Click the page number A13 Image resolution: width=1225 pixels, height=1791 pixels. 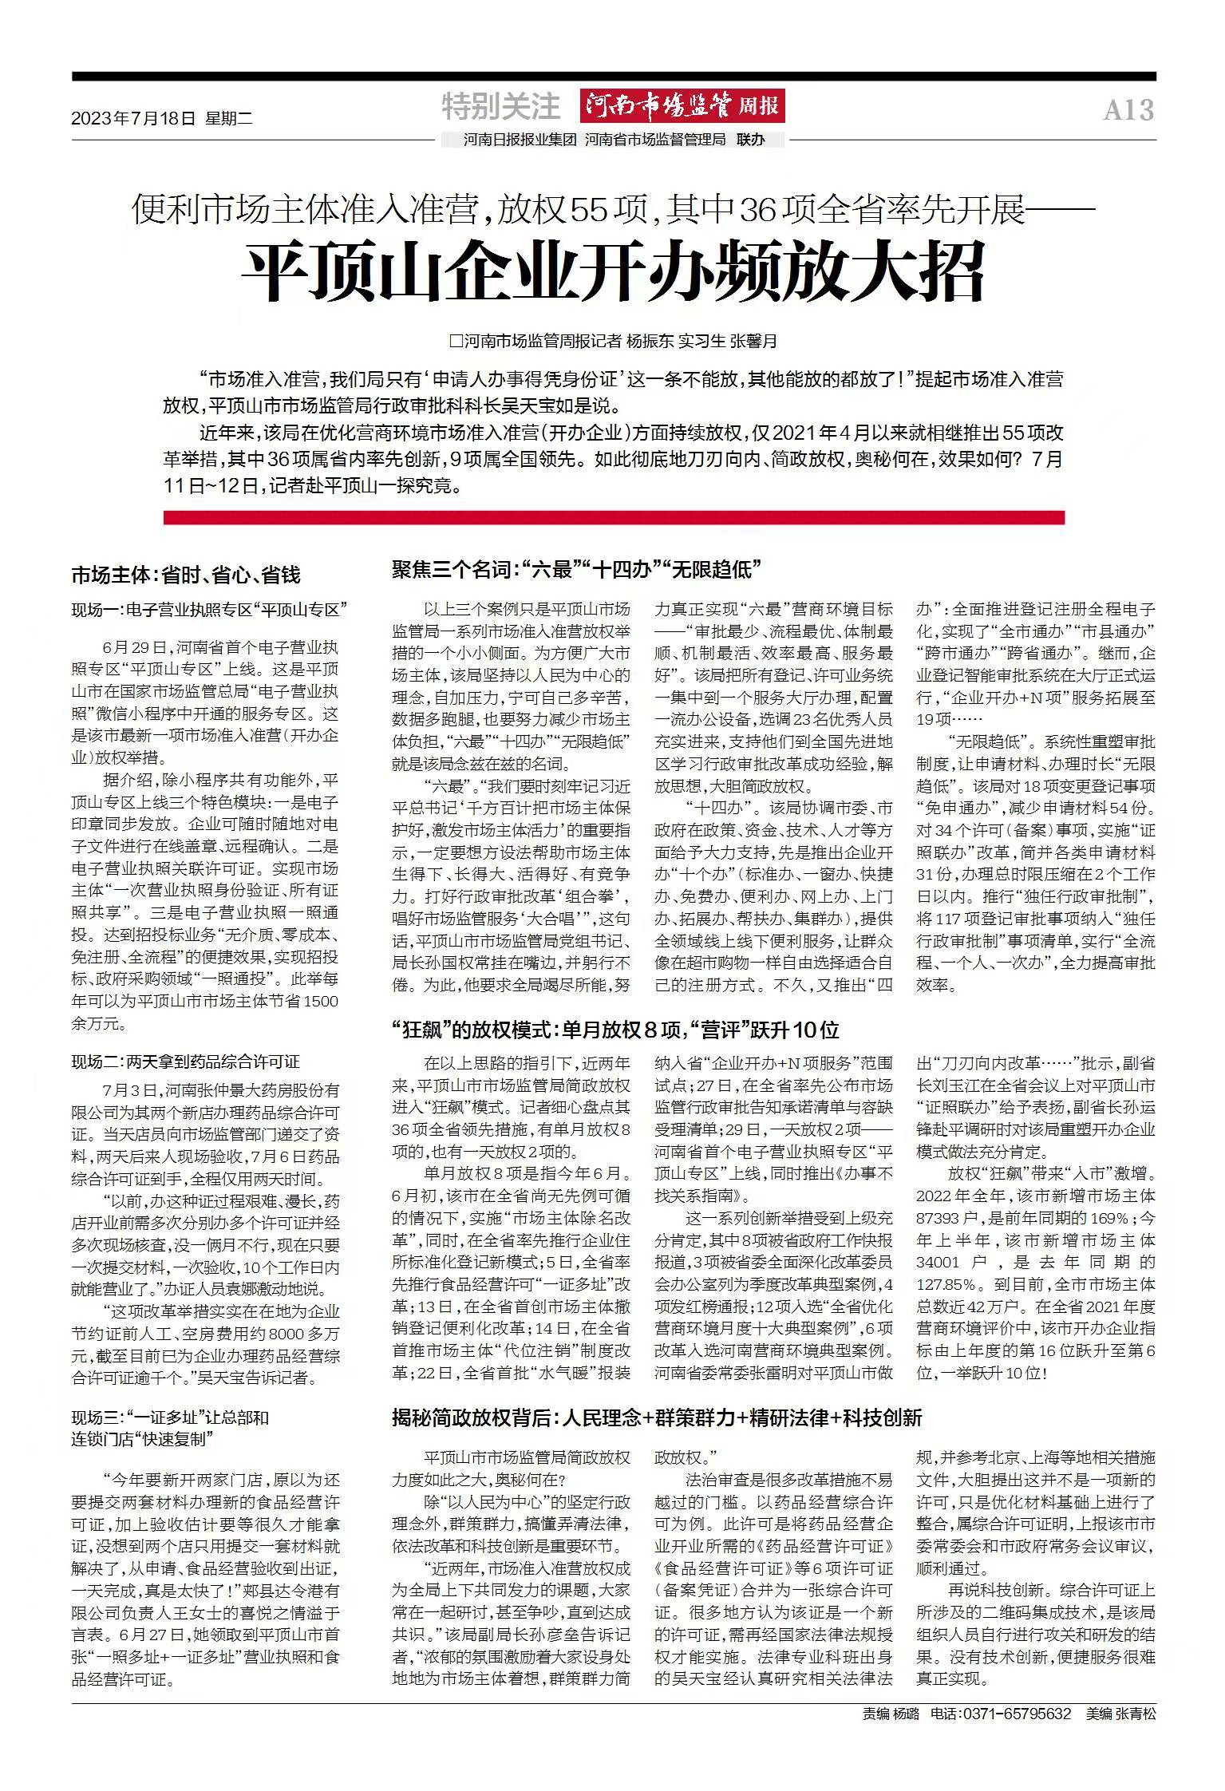coord(1128,110)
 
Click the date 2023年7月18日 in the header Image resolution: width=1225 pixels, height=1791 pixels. coord(133,119)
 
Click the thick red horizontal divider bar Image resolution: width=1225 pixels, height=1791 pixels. coord(613,518)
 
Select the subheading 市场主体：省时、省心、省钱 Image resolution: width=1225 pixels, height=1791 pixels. coord(186,575)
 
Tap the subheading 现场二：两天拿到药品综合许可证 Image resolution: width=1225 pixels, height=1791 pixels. coord(185,1062)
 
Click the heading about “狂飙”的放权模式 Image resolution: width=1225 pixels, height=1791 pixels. coord(614,1030)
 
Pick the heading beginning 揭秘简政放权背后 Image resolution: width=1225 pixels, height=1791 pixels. coord(656,1417)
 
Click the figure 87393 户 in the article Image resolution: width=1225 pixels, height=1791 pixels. coord(949,1218)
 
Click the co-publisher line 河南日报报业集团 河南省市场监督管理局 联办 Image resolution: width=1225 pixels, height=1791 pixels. coord(614,140)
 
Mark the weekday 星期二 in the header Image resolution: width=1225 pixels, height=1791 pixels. coord(228,119)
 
